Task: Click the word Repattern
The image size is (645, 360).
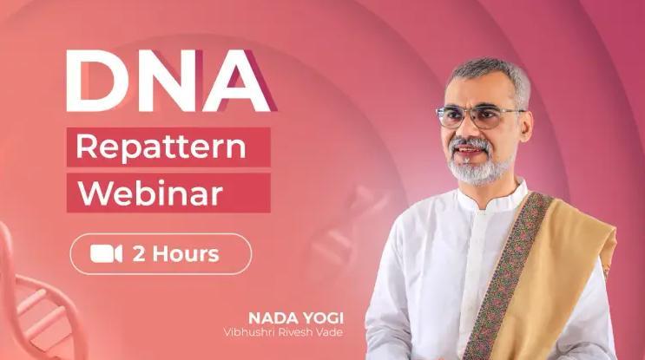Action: (161, 147)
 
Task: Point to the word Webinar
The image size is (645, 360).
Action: (150, 193)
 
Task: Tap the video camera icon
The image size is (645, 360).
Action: (106, 253)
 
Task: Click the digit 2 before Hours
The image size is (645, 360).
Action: (139, 254)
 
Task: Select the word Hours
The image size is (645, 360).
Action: (186, 254)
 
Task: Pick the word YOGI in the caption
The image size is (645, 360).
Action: (323, 318)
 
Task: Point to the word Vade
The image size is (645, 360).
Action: (330, 332)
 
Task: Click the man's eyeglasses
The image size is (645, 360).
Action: (479, 116)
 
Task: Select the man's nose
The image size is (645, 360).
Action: (464, 129)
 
